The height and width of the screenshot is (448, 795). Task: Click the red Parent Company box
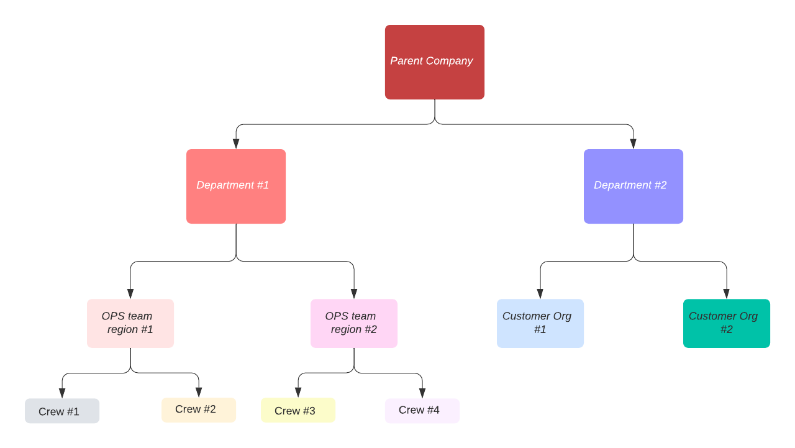[x=435, y=62]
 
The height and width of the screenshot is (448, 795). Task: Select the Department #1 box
[x=236, y=186]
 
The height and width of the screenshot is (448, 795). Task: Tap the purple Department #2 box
[x=634, y=186]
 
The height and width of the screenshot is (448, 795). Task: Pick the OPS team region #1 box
[x=130, y=323]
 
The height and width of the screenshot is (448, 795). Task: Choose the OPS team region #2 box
[x=354, y=323]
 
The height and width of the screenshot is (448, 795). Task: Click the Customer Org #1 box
[x=540, y=323]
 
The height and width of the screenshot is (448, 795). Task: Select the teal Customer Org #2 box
[x=727, y=323]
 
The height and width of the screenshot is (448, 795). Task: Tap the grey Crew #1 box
[x=62, y=411]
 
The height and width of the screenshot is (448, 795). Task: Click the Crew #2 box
[x=199, y=410]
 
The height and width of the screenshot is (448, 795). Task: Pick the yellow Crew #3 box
[x=298, y=410]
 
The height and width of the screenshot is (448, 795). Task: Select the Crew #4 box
[x=422, y=411]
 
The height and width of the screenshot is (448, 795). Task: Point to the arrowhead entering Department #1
[x=236, y=144]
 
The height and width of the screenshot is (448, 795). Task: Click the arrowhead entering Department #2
[x=634, y=144]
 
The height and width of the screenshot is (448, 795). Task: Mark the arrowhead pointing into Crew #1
[x=62, y=393]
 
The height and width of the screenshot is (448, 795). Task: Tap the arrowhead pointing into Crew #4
[x=422, y=393]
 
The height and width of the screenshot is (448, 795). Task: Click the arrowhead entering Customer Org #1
[x=540, y=293]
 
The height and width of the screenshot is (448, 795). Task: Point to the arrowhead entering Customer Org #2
[x=727, y=293]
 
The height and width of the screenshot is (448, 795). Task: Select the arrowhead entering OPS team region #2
[x=354, y=293]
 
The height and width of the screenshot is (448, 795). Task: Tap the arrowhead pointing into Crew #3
[x=298, y=392]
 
